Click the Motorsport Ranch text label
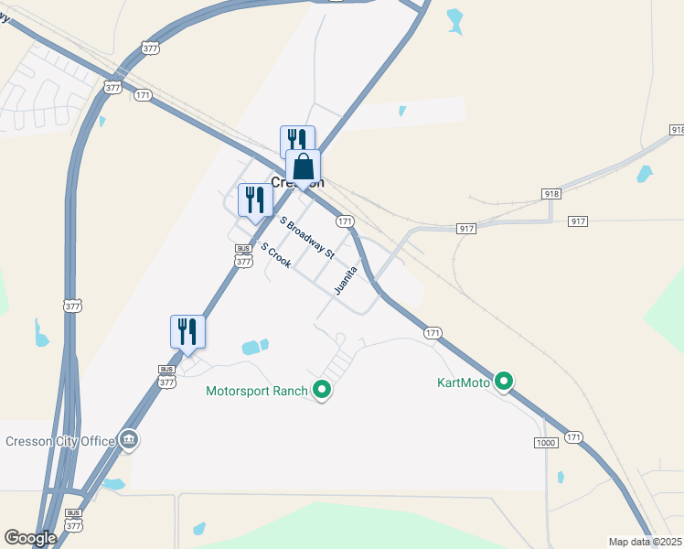click(x=257, y=391)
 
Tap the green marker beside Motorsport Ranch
click(x=321, y=390)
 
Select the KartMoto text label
click(x=464, y=382)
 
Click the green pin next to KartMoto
click(x=503, y=381)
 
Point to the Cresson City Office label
click(x=60, y=441)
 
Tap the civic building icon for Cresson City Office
click(x=129, y=441)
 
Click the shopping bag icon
click(x=304, y=167)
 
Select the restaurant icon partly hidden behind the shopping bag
click(x=293, y=139)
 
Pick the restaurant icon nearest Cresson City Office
click(x=187, y=331)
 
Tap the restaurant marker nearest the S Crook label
click(x=254, y=199)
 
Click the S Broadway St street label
click(x=308, y=236)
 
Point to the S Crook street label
click(x=275, y=255)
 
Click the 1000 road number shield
click(x=546, y=443)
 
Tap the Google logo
click(x=30, y=538)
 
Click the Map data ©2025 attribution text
click(x=645, y=542)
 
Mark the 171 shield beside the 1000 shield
click(x=573, y=438)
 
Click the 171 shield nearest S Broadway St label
click(x=344, y=221)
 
